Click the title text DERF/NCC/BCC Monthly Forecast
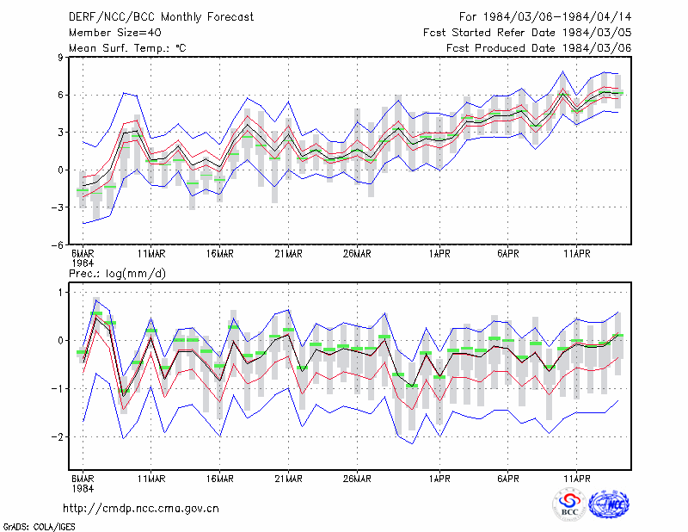point(161,17)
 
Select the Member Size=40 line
point(115,33)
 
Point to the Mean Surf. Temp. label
point(127,48)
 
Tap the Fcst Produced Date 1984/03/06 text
point(539,48)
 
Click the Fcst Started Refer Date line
point(527,33)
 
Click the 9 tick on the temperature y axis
point(60,57)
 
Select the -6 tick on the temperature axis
point(58,245)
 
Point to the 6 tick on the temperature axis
point(60,95)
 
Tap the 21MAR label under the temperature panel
point(288,254)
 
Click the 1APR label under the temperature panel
point(439,254)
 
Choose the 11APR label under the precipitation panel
point(576,479)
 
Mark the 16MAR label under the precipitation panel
point(220,479)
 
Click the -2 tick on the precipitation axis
point(58,437)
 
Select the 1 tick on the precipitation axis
point(60,293)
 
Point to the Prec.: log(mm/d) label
point(117,274)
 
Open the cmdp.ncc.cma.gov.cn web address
point(141,509)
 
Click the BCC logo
point(569,504)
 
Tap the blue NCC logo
point(610,504)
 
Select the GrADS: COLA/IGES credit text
point(39,527)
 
